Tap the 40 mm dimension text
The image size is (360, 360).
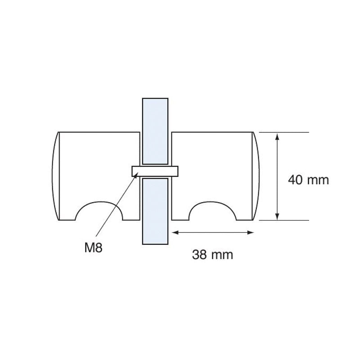(x=308, y=180)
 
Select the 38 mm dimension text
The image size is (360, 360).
(x=212, y=255)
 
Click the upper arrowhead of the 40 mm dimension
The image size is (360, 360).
(x=278, y=136)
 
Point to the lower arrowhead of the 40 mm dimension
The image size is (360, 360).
(x=278, y=217)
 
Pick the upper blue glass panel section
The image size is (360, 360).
(x=155, y=130)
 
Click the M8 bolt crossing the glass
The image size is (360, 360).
(x=155, y=171)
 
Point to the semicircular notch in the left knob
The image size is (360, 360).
(x=99, y=212)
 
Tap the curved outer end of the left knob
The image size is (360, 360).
(x=55, y=175)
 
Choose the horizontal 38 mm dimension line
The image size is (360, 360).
(x=213, y=233)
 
